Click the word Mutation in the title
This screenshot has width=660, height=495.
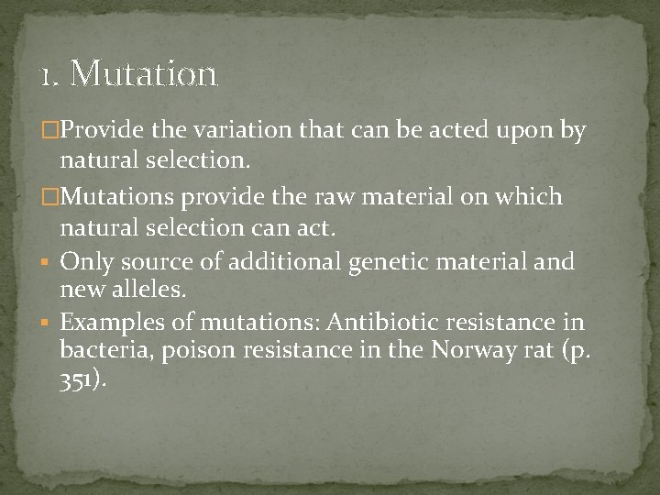pos(143,73)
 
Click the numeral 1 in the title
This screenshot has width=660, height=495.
pos(46,74)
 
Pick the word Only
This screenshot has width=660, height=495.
pos(85,262)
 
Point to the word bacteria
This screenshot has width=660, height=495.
pos(100,351)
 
